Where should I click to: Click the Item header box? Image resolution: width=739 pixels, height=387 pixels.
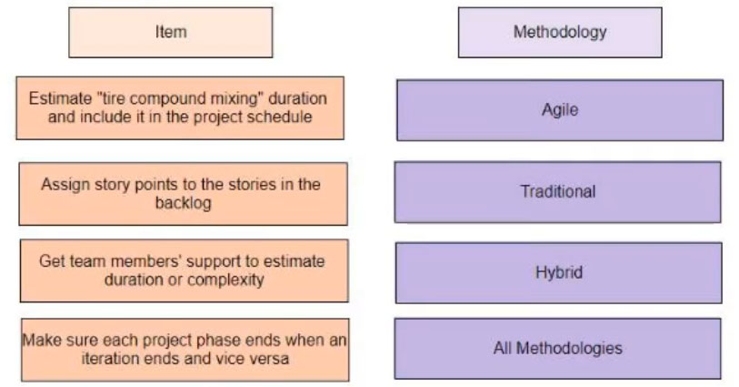coord(171,33)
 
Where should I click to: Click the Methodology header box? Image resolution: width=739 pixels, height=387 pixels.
coord(560,33)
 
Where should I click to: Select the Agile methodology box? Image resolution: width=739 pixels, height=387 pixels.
coord(560,110)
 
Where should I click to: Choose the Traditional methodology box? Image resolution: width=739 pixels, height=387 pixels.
coord(558,192)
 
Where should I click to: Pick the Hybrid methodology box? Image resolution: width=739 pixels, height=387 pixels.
coord(559,273)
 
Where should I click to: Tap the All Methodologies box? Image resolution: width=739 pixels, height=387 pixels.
coord(558,349)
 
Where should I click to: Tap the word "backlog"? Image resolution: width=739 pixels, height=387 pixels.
coord(184,203)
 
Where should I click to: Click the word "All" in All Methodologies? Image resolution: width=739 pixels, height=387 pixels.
coord(503,349)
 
